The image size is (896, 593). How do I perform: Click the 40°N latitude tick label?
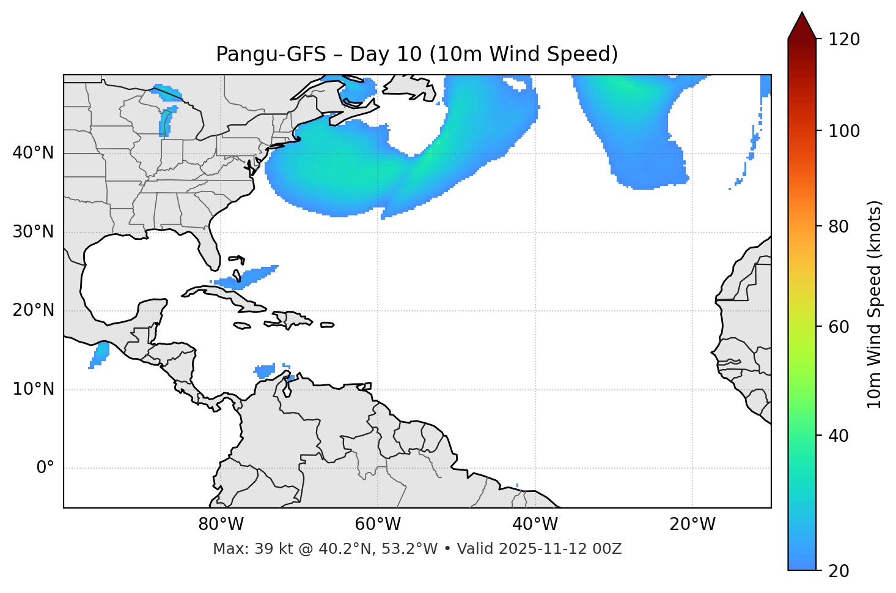pos(33,153)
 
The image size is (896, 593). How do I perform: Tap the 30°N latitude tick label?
pos(33,232)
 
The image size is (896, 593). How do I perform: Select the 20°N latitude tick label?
pos(33,310)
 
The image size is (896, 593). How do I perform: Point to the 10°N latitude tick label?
pos(33,389)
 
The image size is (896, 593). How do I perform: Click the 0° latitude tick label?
pos(45,468)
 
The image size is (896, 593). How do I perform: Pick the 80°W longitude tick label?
pos(221,524)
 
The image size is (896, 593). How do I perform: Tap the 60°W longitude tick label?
pos(378,524)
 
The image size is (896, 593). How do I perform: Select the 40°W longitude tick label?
pos(535,524)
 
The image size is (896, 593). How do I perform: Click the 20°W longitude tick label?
pos(692,524)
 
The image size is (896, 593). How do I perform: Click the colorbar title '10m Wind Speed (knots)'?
pos(875,305)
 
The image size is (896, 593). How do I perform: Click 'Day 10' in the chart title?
pos(385,54)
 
